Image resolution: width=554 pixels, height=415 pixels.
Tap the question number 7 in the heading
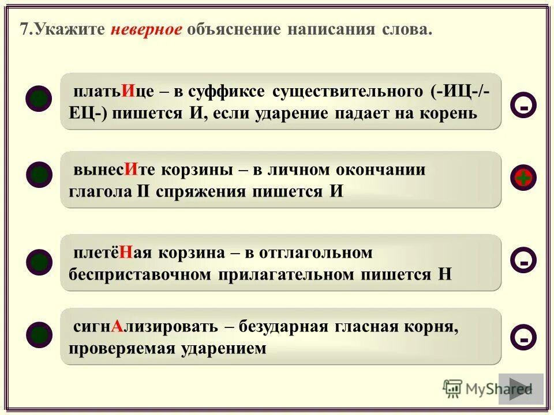pyautogui.click(x=24, y=29)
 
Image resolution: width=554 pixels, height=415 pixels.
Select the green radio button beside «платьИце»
pyautogui.click(x=39, y=97)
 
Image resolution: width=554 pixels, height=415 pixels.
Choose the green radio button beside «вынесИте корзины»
pyautogui.click(x=39, y=174)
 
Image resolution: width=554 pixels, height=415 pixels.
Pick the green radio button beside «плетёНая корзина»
pyautogui.click(x=39, y=262)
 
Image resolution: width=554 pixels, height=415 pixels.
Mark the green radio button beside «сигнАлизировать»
pyautogui.click(x=39, y=335)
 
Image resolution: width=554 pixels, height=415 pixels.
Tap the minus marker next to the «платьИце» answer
pyautogui.click(x=523, y=105)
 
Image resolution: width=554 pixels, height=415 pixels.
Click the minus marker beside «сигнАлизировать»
pyautogui.click(x=523, y=337)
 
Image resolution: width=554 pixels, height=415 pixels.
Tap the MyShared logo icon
pyautogui.click(x=452, y=388)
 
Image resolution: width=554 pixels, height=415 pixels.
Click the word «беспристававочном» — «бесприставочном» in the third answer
pyautogui.click(x=140, y=274)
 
